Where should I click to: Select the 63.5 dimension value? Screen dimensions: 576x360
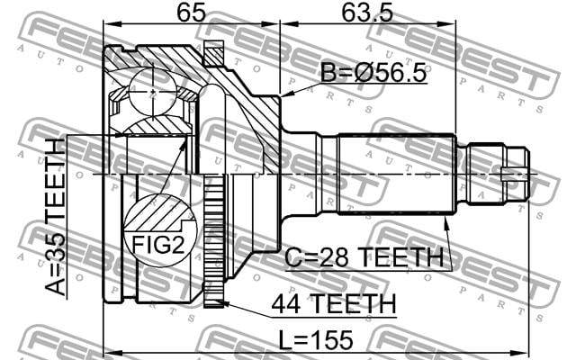pos(367,13)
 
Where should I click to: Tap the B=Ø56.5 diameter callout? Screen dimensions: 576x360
pos(373,72)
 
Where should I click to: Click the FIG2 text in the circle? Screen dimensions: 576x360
pos(158,245)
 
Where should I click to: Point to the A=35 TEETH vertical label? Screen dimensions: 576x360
pos(55,217)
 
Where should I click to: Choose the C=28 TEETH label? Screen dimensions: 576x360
pos(364,256)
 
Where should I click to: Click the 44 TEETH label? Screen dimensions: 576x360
pos(334,304)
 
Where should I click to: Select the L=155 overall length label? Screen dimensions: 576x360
pos(316,340)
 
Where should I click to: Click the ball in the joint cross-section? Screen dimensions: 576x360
pos(153,92)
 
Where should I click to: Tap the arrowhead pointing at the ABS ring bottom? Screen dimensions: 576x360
pos(224,303)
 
